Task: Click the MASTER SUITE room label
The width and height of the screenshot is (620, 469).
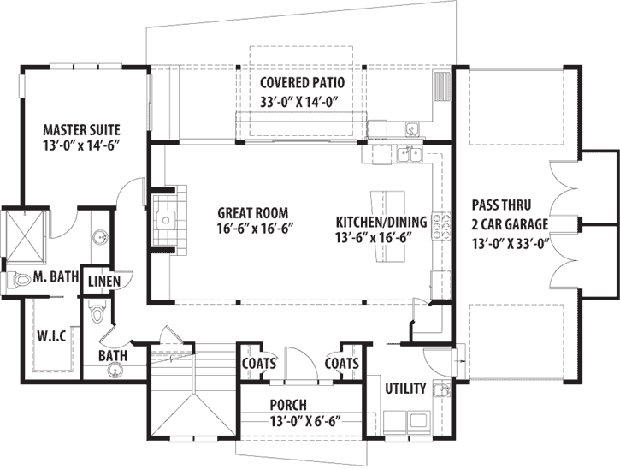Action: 82,130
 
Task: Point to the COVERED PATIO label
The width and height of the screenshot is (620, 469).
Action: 302,84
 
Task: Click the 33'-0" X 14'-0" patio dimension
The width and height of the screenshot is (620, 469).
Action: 302,100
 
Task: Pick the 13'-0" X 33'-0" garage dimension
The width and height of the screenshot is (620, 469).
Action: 509,242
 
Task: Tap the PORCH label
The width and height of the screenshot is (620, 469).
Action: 286,405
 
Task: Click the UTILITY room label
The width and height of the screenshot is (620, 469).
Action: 405,389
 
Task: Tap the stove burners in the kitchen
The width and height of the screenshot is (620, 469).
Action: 442,225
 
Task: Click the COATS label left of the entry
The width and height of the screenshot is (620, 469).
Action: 258,364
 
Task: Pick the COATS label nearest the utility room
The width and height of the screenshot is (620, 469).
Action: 341,364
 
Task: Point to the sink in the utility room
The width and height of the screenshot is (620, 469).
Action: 441,391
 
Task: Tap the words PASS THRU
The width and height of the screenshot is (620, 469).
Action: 502,206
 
